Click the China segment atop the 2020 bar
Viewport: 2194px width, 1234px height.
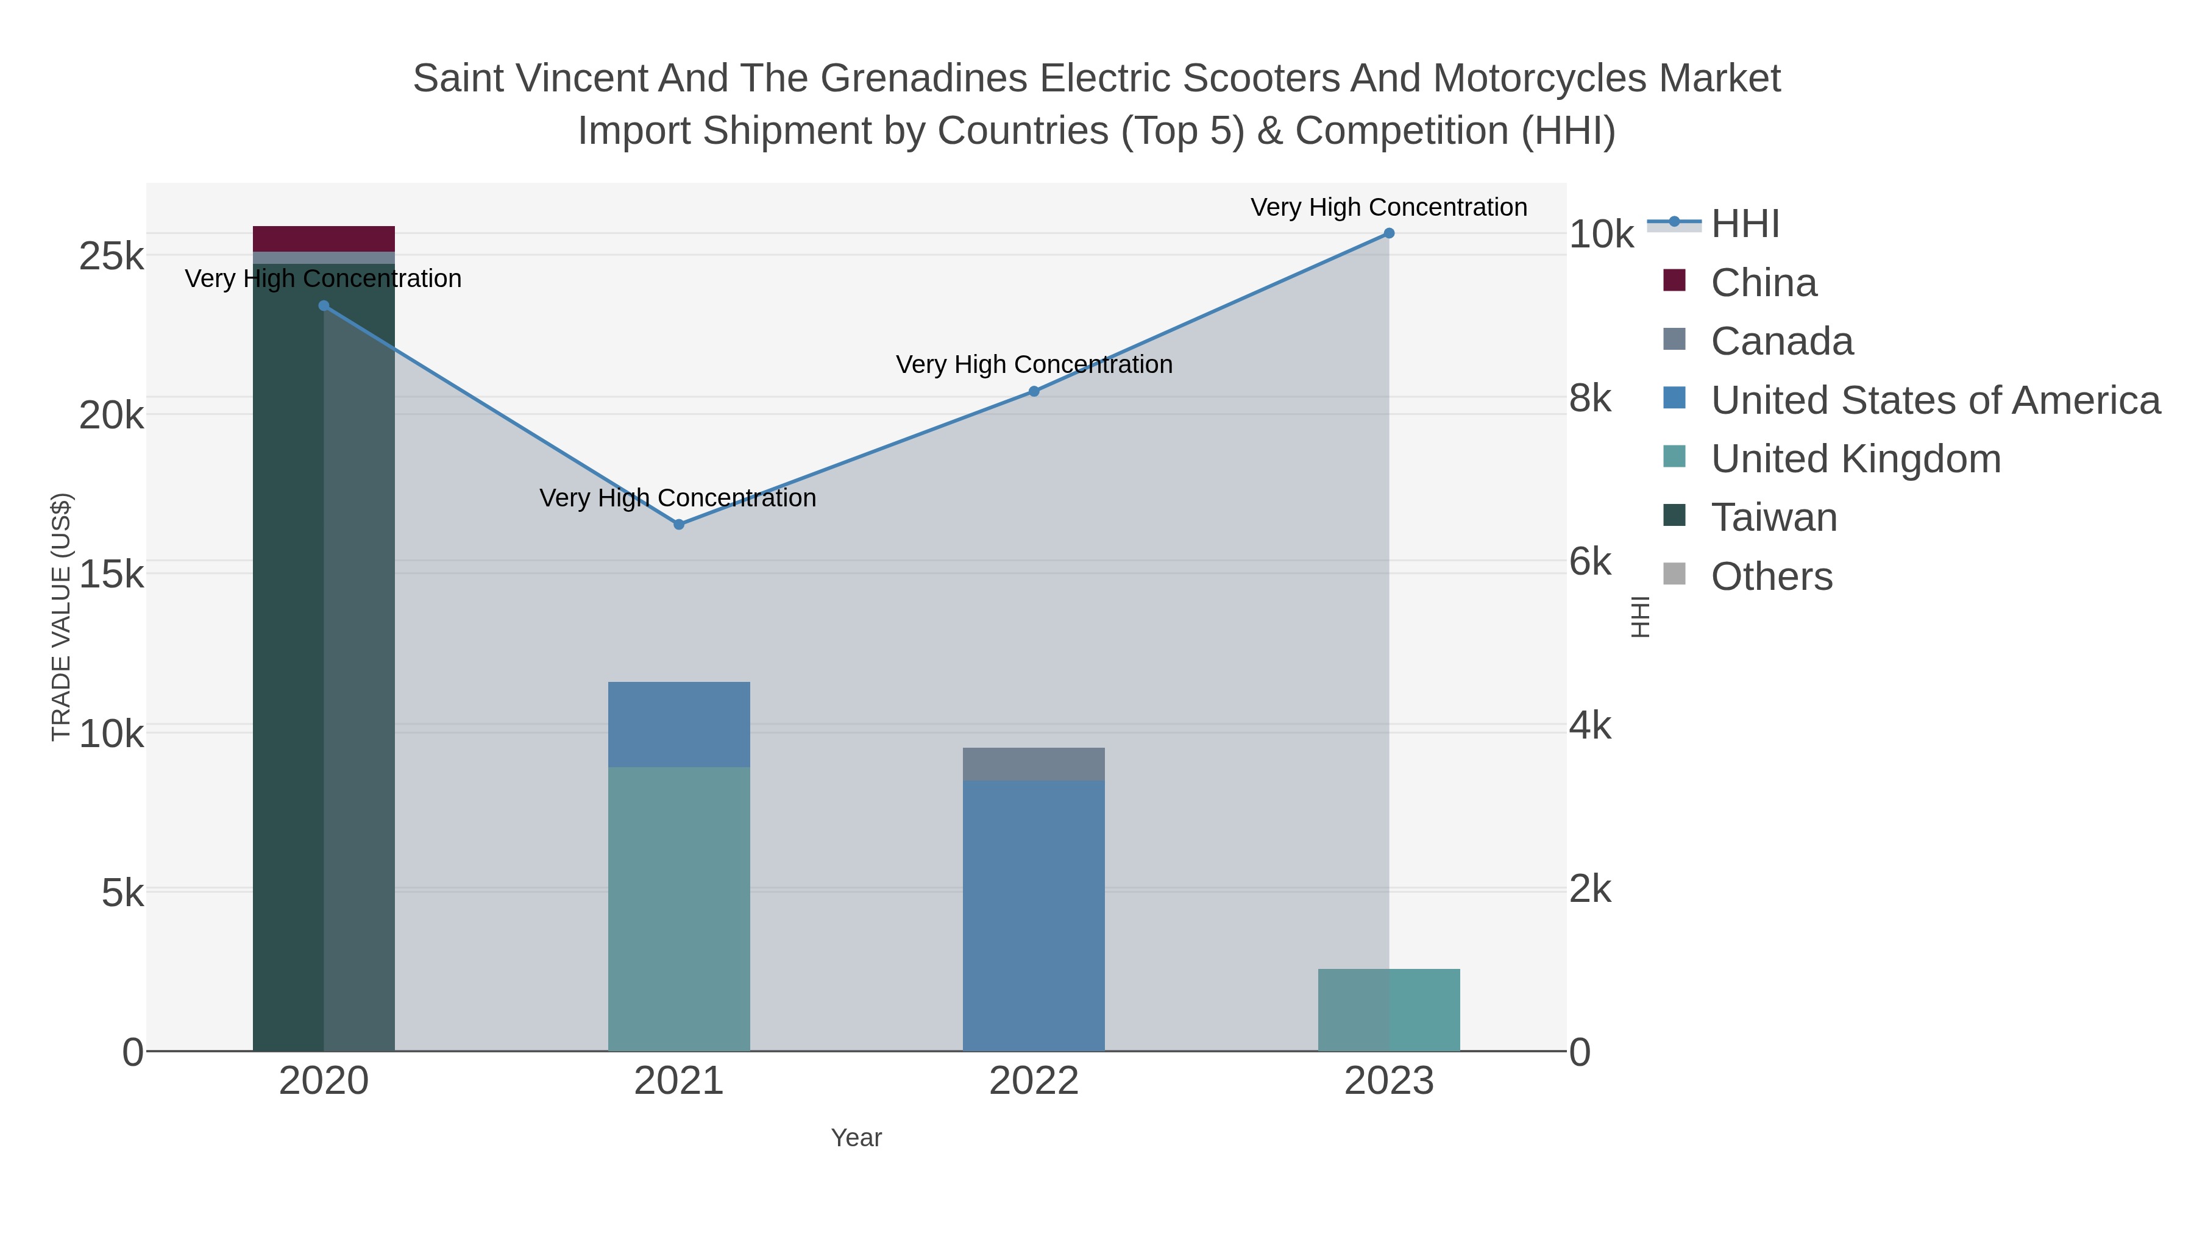point(324,238)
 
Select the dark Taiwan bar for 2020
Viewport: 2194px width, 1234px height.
point(324,681)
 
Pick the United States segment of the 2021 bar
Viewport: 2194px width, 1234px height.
point(679,724)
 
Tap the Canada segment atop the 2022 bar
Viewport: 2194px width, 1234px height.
point(1033,764)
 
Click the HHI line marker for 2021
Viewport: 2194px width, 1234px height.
point(679,525)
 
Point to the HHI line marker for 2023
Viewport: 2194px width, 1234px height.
point(1388,233)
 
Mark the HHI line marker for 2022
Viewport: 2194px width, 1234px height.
point(1033,392)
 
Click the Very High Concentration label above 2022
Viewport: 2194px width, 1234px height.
point(1033,364)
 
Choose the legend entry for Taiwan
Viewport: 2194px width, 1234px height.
point(1773,518)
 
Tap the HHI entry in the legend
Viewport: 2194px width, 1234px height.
point(1744,224)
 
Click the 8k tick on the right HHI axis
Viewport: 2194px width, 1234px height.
point(1590,398)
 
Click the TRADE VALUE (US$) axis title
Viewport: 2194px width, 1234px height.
point(62,617)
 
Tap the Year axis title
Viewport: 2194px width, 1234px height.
point(856,1138)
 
